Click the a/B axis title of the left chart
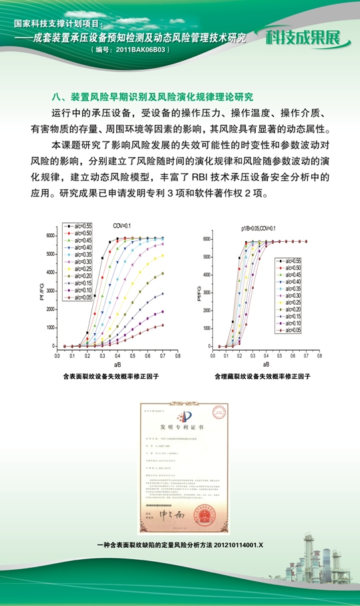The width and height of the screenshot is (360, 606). [x=117, y=365]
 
